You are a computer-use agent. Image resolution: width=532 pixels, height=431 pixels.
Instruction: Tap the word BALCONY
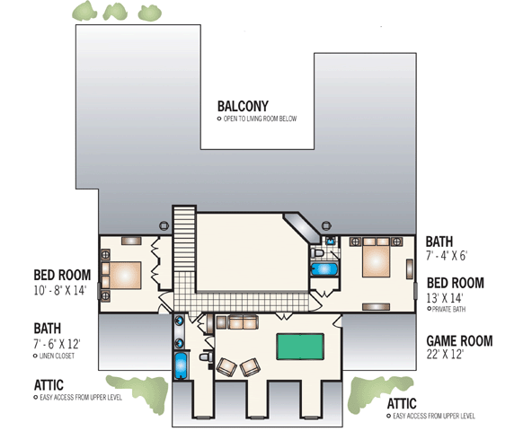(x=243, y=105)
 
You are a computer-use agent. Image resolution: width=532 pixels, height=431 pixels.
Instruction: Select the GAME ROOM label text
(x=458, y=340)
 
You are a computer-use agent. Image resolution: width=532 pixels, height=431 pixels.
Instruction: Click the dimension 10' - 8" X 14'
(x=59, y=290)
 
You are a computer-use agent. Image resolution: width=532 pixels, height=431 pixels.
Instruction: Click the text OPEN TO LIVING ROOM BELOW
(x=257, y=119)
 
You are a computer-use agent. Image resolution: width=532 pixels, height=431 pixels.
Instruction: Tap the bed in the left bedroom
(x=123, y=275)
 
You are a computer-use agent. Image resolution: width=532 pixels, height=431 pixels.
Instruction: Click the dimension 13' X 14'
(x=448, y=297)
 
